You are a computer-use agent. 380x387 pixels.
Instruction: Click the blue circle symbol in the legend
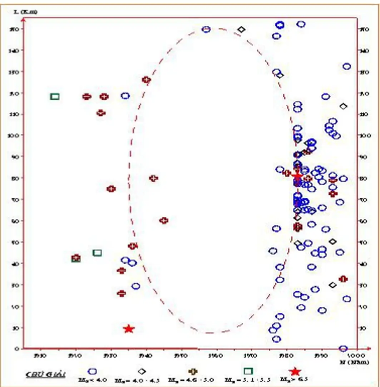[x=93, y=372]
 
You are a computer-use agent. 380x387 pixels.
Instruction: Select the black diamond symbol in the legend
[x=142, y=372]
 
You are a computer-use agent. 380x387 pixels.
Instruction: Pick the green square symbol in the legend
[x=248, y=371]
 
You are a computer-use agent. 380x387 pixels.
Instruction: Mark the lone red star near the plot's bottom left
[x=129, y=329]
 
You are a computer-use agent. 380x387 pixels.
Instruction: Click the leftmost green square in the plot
[x=55, y=96]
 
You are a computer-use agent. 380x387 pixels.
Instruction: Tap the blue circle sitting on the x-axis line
[x=343, y=348]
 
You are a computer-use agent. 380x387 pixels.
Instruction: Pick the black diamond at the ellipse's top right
[x=241, y=29]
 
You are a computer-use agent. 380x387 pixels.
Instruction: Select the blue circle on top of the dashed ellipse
[x=206, y=29]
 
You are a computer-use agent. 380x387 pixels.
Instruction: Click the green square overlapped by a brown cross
[x=76, y=258]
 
